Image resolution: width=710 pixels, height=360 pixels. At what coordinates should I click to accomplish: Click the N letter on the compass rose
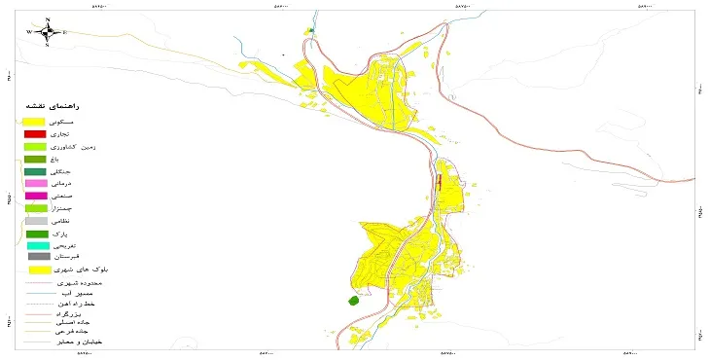(x=47, y=18)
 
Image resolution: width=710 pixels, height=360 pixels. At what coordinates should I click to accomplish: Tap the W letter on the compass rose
(x=30, y=32)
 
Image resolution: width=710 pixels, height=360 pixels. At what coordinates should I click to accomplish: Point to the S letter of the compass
(x=47, y=46)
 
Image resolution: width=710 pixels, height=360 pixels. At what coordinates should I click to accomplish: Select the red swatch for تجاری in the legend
(x=35, y=133)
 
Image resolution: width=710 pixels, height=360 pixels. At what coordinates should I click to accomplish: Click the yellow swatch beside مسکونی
(x=35, y=120)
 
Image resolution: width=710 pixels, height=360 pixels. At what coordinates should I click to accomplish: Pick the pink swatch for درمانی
(x=35, y=184)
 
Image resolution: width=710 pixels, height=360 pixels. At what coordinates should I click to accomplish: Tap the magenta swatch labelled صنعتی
(x=35, y=197)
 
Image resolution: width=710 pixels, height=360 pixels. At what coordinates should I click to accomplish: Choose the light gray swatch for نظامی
(x=35, y=222)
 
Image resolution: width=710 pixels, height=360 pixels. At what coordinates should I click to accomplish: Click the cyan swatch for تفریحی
(x=35, y=246)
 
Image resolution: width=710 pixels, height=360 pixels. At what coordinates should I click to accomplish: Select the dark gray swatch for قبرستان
(x=35, y=257)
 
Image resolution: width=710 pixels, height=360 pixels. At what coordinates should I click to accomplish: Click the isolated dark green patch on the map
(x=353, y=303)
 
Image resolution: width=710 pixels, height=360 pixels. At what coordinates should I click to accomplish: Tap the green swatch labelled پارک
(x=35, y=234)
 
